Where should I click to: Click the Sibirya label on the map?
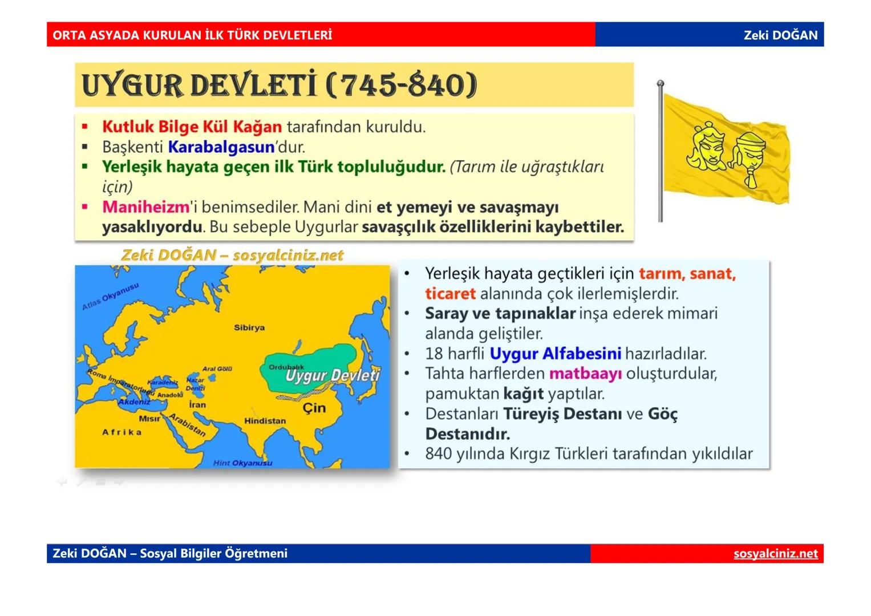coord(249,328)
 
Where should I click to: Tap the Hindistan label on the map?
coord(265,421)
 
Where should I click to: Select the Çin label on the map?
coord(314,408)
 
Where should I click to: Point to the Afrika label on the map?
coord(121,432)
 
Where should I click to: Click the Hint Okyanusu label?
coord(242,463)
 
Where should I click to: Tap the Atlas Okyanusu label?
coord(110,296)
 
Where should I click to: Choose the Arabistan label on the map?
coord(188,425)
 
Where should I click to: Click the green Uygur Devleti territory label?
coord(332,375)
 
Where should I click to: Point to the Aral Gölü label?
coord(217,369)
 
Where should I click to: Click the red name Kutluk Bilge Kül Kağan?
coord(192,127)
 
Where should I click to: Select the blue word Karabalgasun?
coord(221,147)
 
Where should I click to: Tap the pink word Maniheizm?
coord(145,207)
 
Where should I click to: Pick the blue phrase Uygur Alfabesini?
coord(555,354)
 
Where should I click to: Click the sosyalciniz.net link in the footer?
coord(775,554)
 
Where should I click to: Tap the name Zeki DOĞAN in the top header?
coord(780,35)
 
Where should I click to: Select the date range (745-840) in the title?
coord(402,85)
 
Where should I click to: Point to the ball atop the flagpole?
coord(660,83)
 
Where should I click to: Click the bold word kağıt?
coord(523,394)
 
